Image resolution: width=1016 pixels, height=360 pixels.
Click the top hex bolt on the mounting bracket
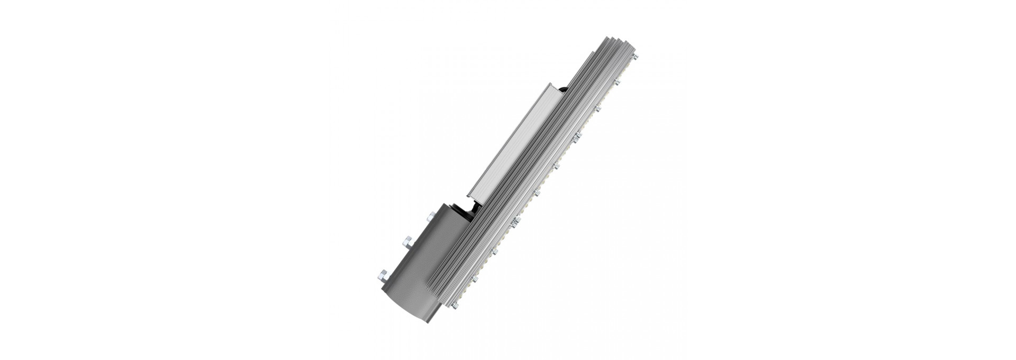coord(432,217)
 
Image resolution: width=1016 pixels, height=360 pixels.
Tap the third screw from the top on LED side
coord(598,108)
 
